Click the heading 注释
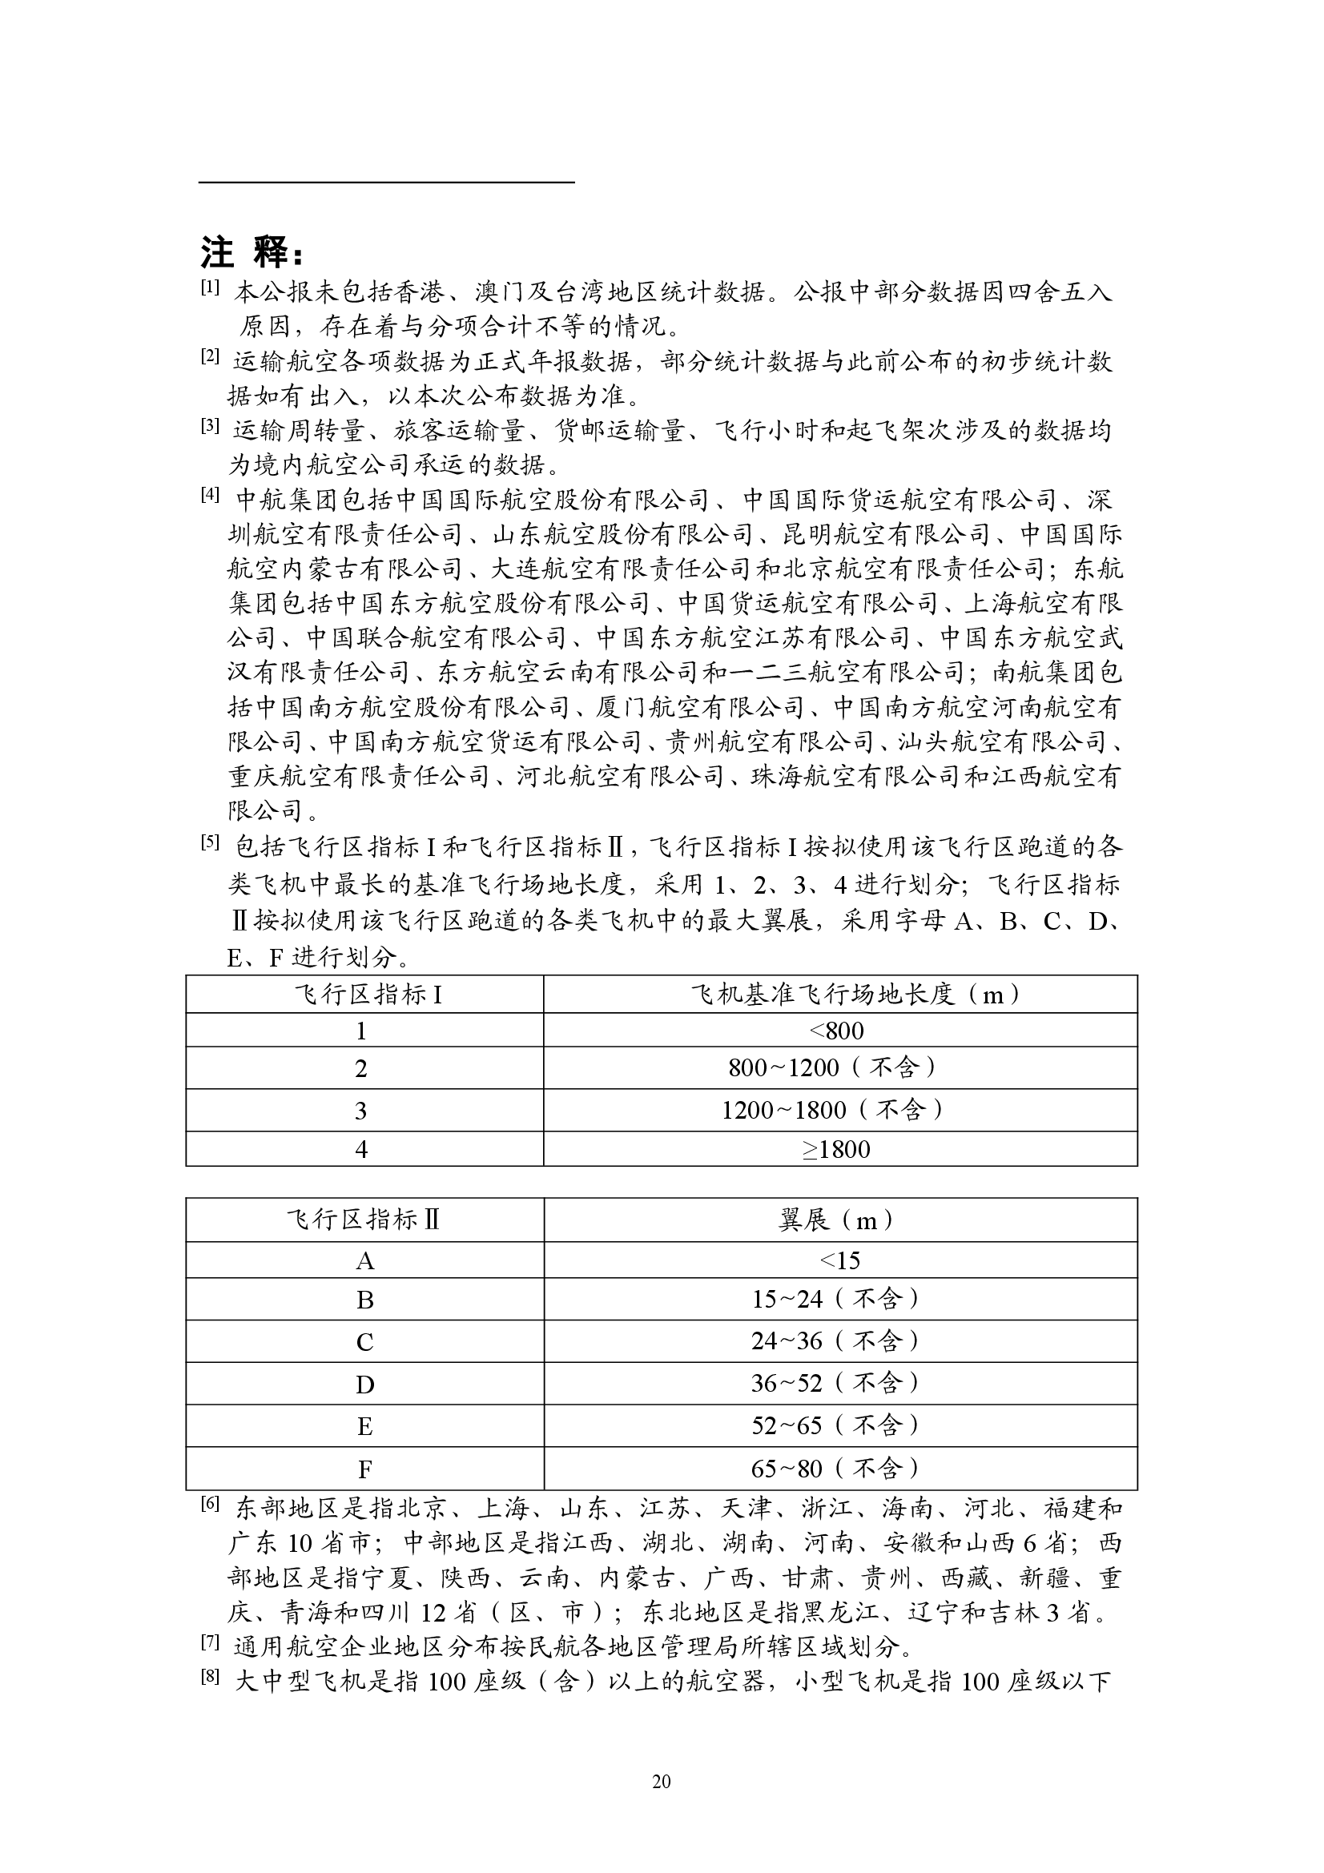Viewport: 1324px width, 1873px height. [x=253, y=253]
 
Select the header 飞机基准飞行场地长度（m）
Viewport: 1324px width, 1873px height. [x=839, y=995]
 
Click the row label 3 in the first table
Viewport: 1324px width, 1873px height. [x=361, y=1110]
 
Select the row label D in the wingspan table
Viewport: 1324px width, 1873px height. [x=364, y=1385]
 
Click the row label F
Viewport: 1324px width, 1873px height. [x=364, y=1470]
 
